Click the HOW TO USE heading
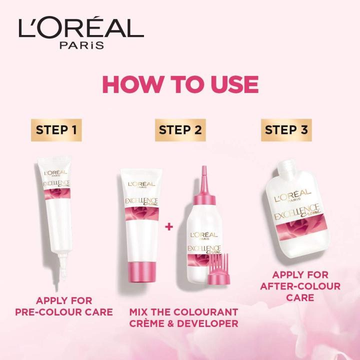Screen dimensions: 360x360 [x=180, y=85]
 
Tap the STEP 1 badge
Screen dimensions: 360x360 [x=56, y=130]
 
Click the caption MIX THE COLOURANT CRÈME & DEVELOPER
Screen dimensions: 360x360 [x=183, y=317]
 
